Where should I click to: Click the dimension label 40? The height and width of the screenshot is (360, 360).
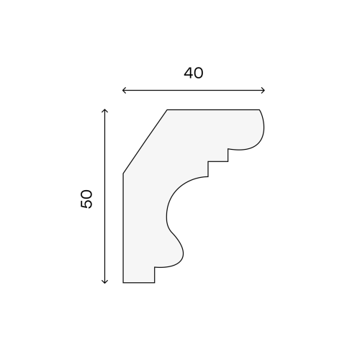coord(194,73)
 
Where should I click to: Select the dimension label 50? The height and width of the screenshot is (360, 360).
coord(86,199)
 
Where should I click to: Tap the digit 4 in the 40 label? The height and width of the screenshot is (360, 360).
coord(189,73)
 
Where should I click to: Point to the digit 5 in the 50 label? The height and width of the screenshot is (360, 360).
coord(86,204)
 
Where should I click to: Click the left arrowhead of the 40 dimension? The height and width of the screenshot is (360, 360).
coord(124,91)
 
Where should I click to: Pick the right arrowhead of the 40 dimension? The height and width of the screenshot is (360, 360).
coord(263,91)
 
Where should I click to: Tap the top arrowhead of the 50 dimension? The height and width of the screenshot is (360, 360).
coord(104,111)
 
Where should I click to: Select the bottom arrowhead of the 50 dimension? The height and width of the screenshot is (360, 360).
coord(104,282)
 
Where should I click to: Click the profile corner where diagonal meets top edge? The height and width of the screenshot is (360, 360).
coord(167,110)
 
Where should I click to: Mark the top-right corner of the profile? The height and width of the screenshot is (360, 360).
coord(259,110)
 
